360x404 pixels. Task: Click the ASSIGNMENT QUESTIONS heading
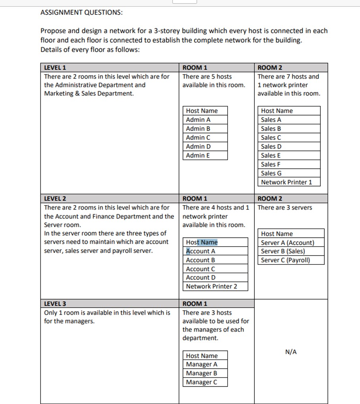[81, 12]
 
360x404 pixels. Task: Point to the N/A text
[291, 352]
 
